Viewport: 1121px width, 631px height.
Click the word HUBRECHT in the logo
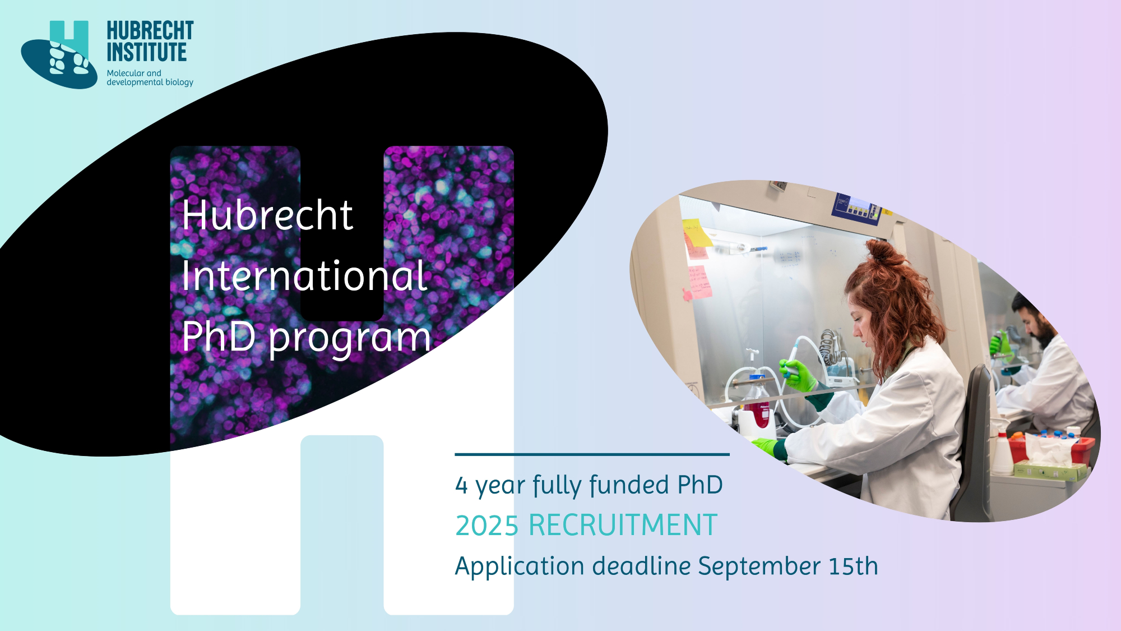point(150,31)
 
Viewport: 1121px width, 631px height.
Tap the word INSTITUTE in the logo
point(147,52)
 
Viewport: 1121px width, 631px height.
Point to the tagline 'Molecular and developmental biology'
point(150,77)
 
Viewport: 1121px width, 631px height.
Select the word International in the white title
point(305,276)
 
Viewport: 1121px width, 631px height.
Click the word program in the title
point(350,339)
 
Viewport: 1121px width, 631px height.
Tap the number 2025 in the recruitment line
point(487,526)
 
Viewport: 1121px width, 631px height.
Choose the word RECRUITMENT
point(623,526)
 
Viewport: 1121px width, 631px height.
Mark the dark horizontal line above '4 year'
point(592,454)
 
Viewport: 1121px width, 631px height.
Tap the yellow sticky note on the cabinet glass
point(697,232)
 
